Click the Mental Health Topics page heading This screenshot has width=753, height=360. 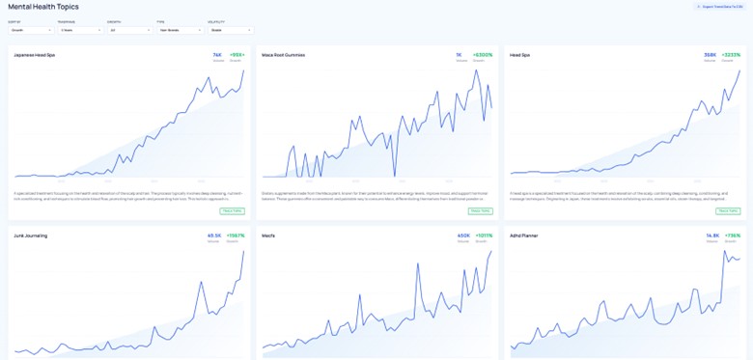[43, 7]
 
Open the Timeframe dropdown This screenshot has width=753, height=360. [80, 30]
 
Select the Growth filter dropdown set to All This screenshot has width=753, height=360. [129, 30]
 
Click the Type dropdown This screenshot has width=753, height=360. [179, 30]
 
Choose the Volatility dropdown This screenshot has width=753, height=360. [228, 30]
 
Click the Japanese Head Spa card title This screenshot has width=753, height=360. [35, 55]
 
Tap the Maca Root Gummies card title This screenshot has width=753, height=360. [283, 55]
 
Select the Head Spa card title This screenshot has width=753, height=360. [519, 55]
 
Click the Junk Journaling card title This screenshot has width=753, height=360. [31, 235]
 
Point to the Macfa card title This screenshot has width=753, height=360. [269, 235]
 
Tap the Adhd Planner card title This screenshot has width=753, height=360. [524, 235]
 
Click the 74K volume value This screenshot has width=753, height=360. [217, 55]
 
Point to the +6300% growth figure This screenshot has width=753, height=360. [482, 55]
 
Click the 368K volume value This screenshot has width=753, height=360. [710, 55]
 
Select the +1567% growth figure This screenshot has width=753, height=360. [235, 235]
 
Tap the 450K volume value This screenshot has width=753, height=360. [462, 235]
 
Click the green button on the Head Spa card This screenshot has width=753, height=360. [728, 210]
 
